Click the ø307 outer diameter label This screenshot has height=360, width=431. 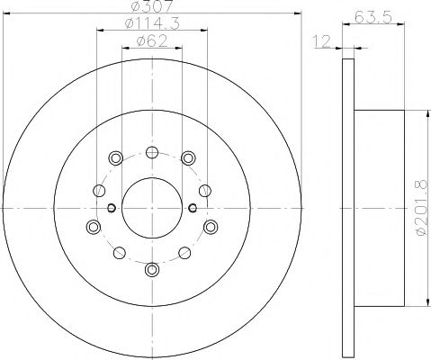(x=151, y=9)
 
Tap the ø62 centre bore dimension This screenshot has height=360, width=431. (x=151, y=41)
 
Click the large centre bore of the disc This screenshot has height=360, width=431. (x=151, y=207)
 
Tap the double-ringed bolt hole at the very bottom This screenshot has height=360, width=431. (x=151, y=269)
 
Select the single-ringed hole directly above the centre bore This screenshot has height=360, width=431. (x=151, y=151)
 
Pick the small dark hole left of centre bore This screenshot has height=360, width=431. (x=112, y=208)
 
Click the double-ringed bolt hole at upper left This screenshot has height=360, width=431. (x=115, y=158)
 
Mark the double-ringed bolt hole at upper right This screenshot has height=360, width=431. (x=187, y=158)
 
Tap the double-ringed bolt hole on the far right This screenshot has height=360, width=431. (x=210, y=225)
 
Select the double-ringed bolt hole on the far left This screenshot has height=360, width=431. (x=93, y=225)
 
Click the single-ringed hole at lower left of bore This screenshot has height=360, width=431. (x=119, y=253)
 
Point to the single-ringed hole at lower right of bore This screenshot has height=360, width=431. (x=184, y=253)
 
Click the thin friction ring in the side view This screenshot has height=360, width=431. (x=347, y=207)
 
